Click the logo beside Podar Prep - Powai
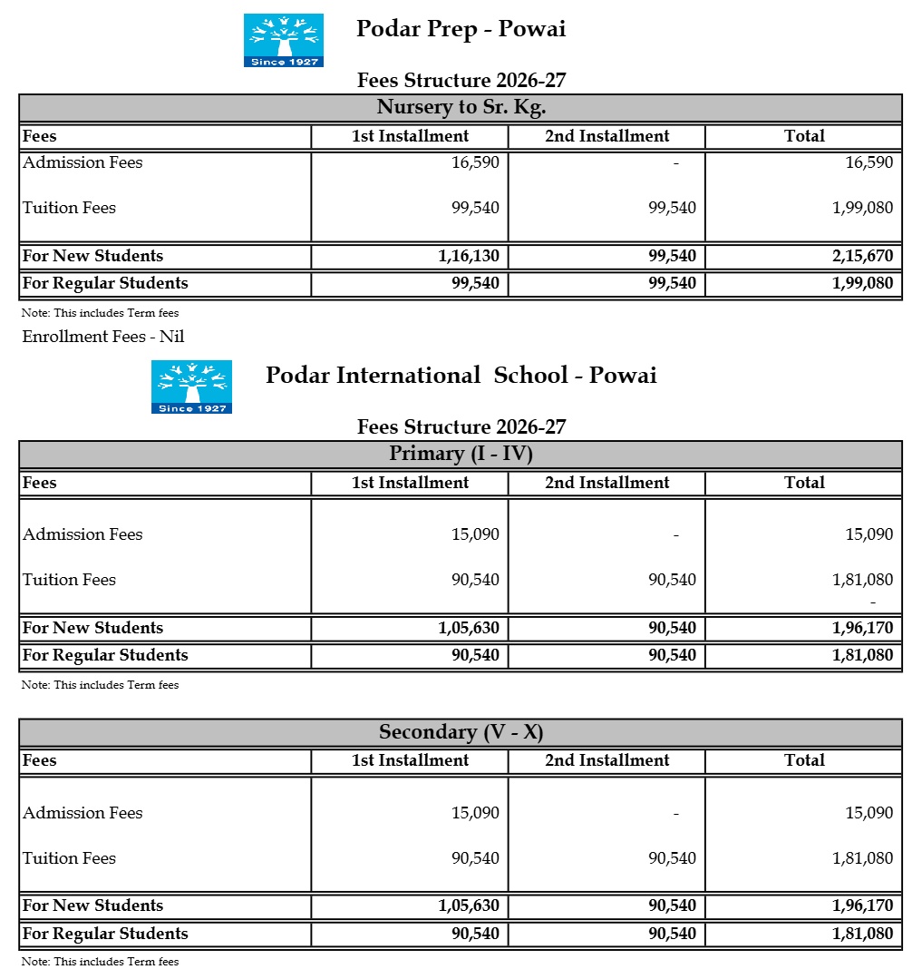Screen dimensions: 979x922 (x=283, y=40)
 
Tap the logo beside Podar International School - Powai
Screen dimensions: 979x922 (x=191, y=387)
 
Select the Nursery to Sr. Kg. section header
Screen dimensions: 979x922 (x=461, y=107)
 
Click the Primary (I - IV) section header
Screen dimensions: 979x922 (x=461, y=454)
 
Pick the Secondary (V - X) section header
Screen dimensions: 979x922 (x=461, y=732)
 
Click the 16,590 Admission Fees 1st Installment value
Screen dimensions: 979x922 (x=475, y=162)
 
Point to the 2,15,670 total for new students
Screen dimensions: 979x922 (x=863, y=256)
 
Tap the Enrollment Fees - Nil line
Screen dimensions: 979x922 (x=103, y=337)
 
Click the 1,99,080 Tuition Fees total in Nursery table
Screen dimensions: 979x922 (x=862, y=208)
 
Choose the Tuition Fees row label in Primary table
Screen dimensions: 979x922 (x=69, y=580)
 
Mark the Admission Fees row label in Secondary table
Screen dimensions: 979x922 (x=82, y=813)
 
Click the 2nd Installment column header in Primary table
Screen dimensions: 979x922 (x=607, y=483)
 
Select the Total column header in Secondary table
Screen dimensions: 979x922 (x=804, y=760)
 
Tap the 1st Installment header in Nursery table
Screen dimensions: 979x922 (x=410, y=136)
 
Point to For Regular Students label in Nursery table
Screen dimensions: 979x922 (x=105, y=283)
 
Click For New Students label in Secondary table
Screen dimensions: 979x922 (x=92, y=906)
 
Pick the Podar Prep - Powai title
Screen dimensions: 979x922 (x=461, y=29)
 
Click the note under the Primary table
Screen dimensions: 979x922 (x=100, y=685)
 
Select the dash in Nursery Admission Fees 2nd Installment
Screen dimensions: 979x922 (x=675, y=163)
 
